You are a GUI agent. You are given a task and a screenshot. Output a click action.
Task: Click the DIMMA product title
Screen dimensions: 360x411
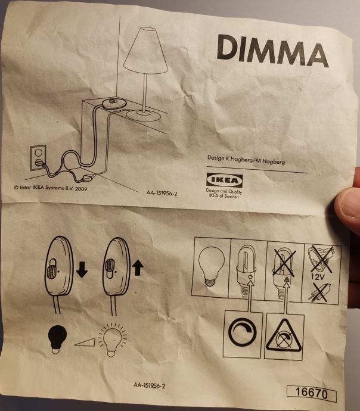pos(272,51)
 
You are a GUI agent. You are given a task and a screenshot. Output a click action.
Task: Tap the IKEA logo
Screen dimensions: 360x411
pos(225,180)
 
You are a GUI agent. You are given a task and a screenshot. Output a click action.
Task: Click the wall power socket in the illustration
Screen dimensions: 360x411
pos(38,157)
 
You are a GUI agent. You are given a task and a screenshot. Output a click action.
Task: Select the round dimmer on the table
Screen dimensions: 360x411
pos(114,102)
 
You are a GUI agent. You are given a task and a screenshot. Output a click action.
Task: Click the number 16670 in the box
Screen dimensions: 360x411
pos(312,394)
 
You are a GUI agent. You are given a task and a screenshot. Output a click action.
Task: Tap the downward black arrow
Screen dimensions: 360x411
pos(82,270)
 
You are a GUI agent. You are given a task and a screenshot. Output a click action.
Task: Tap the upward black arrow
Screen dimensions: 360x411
pos(138,269)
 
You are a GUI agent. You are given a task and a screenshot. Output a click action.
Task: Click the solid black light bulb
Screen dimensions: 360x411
pos(57,339)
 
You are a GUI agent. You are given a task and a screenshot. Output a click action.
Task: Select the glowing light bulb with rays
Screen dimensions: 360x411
pos(113,340)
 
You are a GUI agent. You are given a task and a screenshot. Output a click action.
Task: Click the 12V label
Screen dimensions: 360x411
pos(318,277)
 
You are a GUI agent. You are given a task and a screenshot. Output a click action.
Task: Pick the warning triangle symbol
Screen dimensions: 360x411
pos(284,337)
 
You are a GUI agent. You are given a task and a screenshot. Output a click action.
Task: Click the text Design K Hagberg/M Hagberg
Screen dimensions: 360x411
pos(246,160)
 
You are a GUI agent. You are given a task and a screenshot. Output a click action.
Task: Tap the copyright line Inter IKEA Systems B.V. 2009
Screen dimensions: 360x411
pos(50,188)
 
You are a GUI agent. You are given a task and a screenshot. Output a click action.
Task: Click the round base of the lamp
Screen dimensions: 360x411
pos(143,116)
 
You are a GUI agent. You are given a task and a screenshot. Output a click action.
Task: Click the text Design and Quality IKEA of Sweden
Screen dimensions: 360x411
pos(224,194)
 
